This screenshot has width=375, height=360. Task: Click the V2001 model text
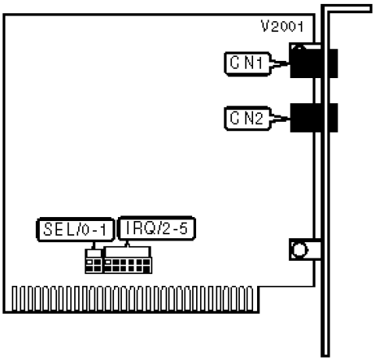(282, 27)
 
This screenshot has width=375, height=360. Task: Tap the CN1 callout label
(248, 64)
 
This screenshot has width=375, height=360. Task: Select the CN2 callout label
(248, 119)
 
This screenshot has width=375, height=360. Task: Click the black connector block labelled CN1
(314, 63)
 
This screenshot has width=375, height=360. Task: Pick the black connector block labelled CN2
(314, 118)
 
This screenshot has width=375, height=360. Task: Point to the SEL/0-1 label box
(75, 230)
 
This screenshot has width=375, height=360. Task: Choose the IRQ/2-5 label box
(156, 228)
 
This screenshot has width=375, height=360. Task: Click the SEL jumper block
(94, 262)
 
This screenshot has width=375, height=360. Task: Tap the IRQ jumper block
(127, 260)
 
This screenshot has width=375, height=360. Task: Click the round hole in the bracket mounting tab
(299, 250)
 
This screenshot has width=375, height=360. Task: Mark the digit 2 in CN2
(258, 118)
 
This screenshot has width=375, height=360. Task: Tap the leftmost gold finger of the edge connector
(15, 298)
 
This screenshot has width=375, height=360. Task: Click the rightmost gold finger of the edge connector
(250, 298)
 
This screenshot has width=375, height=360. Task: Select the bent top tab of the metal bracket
(346, 9)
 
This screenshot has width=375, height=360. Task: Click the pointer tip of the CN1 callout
(289, 62)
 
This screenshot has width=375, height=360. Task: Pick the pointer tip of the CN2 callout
(289, 118)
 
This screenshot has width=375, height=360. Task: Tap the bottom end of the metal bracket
(325, 355)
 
